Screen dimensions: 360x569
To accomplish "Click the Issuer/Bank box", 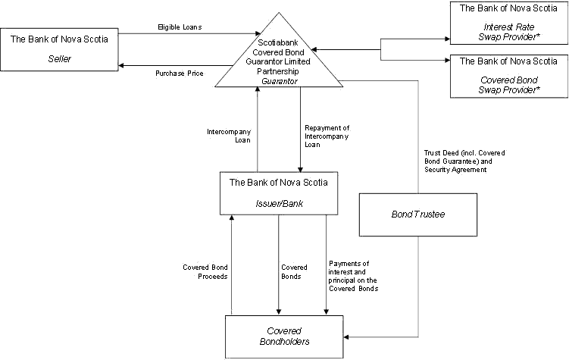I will pos(279,193).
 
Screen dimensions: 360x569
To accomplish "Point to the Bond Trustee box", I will pos(417,215).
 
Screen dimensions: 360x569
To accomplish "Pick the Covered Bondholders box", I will pos(284,337).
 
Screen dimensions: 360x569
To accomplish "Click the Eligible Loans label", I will pos(179,27).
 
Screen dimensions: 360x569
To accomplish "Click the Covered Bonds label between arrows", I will pos(294,271).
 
